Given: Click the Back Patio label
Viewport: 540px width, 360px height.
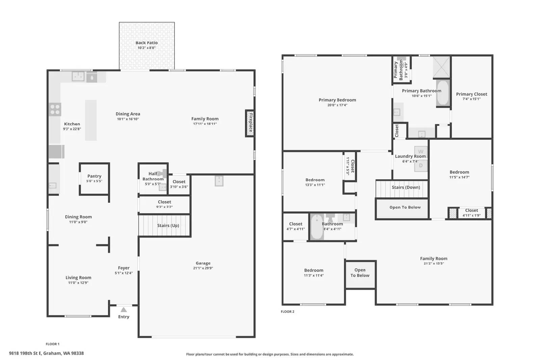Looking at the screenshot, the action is coord(146,43).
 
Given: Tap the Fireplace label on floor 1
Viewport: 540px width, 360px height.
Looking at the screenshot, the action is coord(251,122).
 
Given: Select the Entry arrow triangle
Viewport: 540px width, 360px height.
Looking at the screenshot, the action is coord(124,310).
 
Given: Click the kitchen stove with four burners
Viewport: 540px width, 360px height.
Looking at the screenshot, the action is coord(55,109).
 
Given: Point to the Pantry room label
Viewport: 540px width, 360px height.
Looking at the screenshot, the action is coord(94,176).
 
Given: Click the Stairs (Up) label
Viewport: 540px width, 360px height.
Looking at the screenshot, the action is coord(168,225).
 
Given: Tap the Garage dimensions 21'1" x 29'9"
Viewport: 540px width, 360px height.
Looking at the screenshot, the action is coord(203,268).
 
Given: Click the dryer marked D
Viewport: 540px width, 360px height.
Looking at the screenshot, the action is coord(421,166).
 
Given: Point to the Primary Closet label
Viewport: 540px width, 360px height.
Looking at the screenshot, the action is coord(471,94).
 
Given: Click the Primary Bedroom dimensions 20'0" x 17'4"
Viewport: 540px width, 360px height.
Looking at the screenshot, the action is coord(337,105).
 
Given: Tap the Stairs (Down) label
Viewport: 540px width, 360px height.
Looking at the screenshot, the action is coord(406,187).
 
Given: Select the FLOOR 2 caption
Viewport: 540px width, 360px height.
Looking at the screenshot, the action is coord(287,311).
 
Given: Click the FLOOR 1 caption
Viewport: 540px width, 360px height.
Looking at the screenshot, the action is coord(53,344).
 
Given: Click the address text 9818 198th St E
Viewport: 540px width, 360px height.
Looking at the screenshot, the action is coord(25,353).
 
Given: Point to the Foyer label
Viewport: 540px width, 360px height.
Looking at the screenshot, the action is coord(124,268).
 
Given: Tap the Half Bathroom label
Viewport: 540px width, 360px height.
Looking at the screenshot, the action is coord(153,176).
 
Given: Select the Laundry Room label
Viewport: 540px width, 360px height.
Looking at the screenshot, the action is coord(410,157).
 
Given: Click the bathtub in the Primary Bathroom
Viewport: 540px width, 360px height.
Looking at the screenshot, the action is coord(443,93).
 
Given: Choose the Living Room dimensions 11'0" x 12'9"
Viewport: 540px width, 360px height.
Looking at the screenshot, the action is coord(78,283).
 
